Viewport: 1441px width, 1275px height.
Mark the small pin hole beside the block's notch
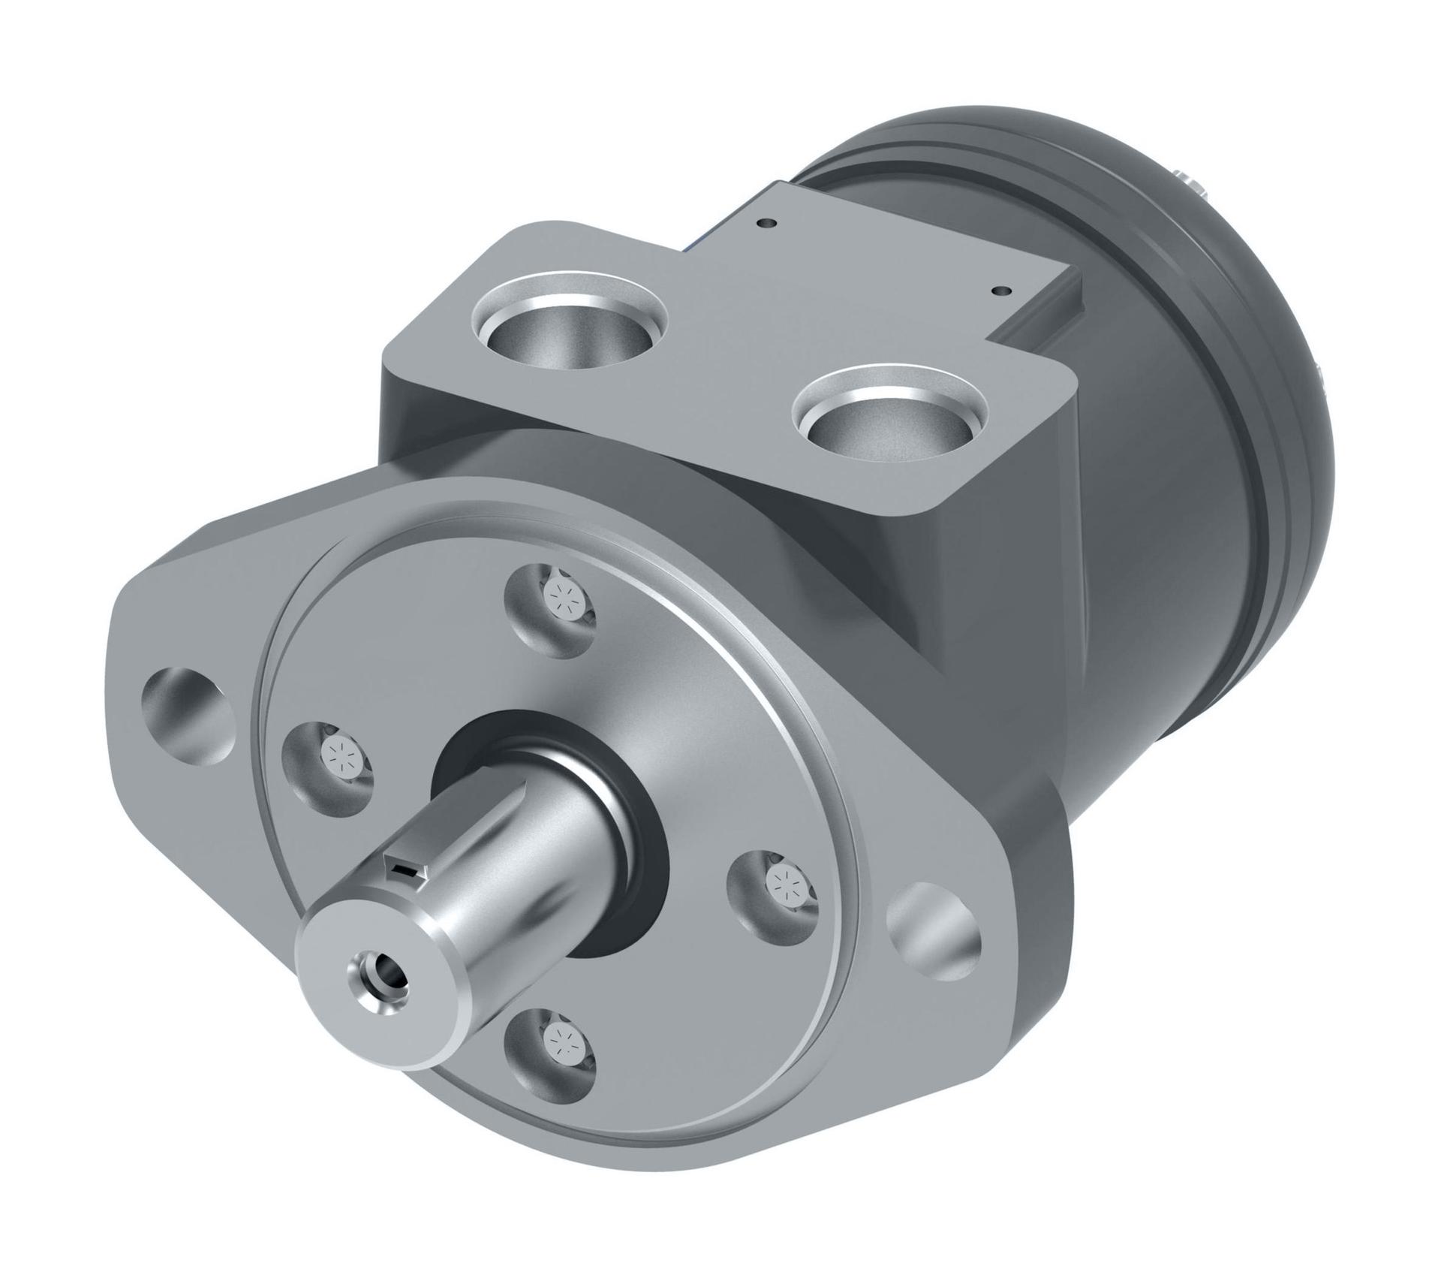[x=998, y=289]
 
